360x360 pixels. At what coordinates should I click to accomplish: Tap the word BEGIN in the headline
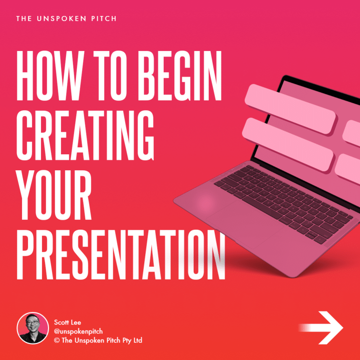coord(179,75)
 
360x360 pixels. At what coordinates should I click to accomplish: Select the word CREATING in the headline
coord(85,135)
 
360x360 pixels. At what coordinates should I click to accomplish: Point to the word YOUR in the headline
coord(54,195)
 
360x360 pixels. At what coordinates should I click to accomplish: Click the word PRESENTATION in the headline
coord(121,254)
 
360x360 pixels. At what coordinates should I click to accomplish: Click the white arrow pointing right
coord(321,328)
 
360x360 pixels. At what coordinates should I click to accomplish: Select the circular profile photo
coord(33,328)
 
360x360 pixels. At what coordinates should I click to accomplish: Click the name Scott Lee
coord(67,323)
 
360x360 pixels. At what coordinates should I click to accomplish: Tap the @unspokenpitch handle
coord(78,332)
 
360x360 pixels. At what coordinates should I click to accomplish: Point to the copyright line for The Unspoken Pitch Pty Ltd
coord(98,340)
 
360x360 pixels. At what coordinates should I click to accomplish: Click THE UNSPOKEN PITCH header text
coord(66,18)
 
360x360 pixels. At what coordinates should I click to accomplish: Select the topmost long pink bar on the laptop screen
coord(291,109)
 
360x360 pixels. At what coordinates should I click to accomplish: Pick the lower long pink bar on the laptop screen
coord(288,144)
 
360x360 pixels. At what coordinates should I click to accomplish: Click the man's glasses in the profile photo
coord(32,323)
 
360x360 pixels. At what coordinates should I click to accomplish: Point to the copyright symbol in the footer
coord(57,340)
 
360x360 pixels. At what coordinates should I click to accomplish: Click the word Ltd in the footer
coord(137,340)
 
